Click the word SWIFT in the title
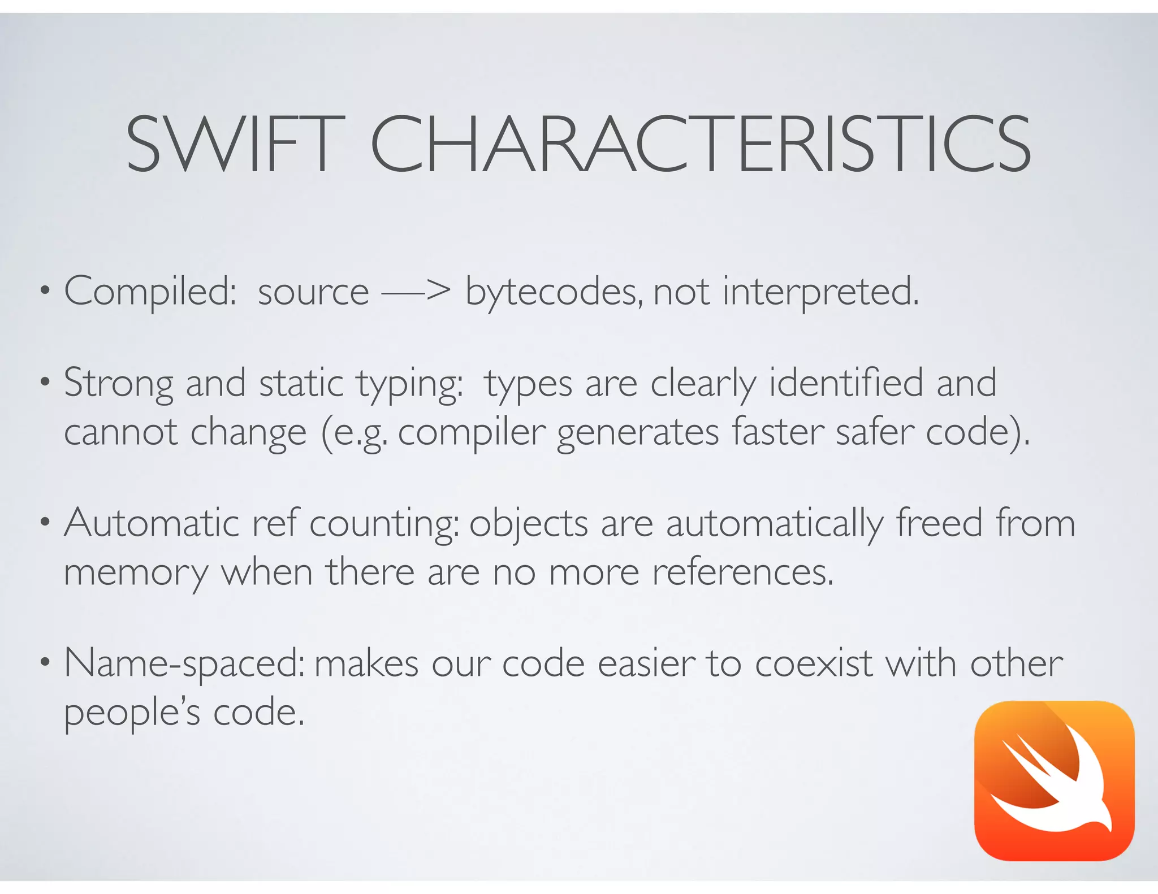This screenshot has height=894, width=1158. pos(235,144)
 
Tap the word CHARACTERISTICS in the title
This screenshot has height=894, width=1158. pos(701,144)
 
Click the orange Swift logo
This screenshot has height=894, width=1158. pos(1054,780)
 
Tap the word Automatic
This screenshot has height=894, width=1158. pos(152,523)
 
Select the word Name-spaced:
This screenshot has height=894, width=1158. pos(184,664)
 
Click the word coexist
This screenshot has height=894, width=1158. pos(814,663)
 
